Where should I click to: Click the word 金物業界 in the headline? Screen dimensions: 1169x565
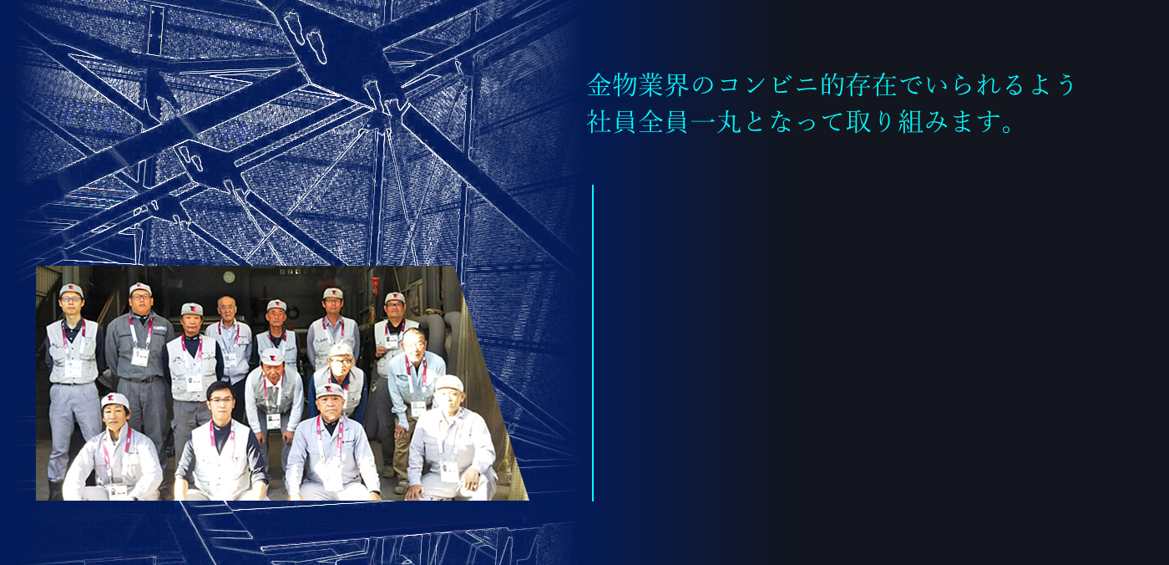(638, 85)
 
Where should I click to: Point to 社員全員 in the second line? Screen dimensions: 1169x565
(638, 122)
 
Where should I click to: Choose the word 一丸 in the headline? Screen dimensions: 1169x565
(716, 122)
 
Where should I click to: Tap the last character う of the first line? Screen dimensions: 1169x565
(1064, 85)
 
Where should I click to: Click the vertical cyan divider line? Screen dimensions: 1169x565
(593, 343)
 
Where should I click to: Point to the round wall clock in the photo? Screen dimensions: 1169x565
(229, 277)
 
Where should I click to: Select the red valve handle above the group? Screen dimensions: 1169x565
(375, 285)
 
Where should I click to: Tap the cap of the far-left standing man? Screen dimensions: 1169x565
(72, 289)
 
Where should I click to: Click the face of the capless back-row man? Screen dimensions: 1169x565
(226, 308)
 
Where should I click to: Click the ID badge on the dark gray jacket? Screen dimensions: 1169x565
(140, 356)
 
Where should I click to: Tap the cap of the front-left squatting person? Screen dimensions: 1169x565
(115, 400)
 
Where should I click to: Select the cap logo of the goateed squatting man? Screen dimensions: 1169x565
(329, 389)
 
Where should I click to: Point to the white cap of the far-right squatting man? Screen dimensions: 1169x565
(449, 384)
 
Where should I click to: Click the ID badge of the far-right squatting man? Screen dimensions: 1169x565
(449, 471)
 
